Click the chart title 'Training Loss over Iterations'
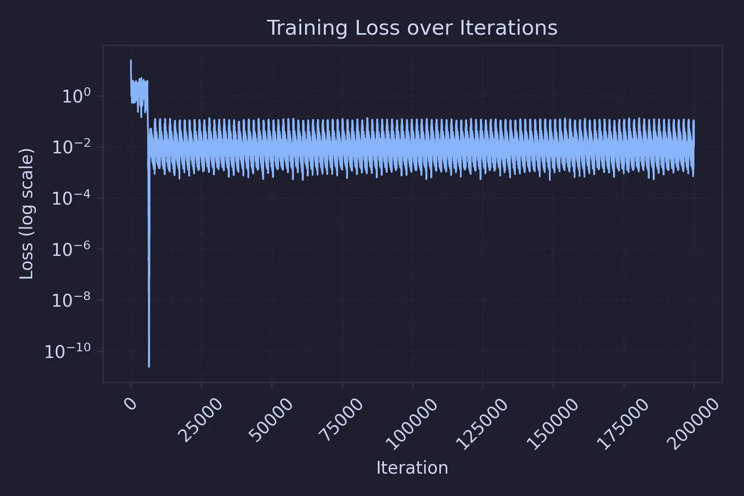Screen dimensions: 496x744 pos(412,28)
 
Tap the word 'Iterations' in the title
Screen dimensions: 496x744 pos(508,28)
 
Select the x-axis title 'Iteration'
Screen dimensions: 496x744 pos(412,468)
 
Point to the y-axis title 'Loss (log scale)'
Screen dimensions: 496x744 pos(26,214)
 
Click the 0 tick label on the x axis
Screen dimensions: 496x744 pos(131,403)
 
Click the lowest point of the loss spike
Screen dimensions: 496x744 pos(149,366)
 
